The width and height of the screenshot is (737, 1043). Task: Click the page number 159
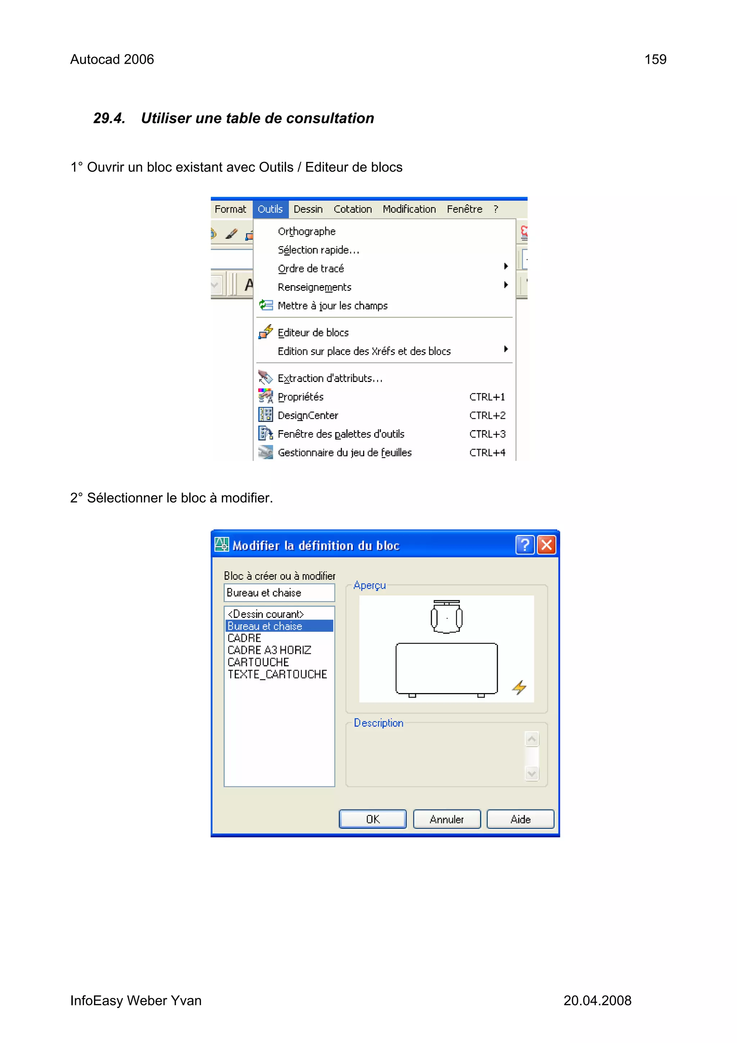pyautogui.click(x=655, y=59)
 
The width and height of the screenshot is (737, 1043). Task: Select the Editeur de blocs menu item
pyautogui.click(x=313, y=333)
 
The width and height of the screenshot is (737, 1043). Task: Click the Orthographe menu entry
pyautogui.click(x=307, y=231)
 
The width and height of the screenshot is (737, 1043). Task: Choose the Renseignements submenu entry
pyautogui.click(x=314, y=287)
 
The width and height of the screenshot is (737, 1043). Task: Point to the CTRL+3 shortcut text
pyautogui.click(x=487, y=434)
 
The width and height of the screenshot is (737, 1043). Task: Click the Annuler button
pyautogui.click(x=446, y=819)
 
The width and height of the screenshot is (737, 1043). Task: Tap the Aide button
pyautogui.click(x=520, y=819)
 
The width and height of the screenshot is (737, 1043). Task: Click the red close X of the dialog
pyautogui.click(x=547, y=545)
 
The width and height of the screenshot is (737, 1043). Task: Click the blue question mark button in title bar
pyautogui.click(x=525, y=545)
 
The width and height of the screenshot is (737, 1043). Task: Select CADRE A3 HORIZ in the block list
pyautogui.click(x=269, y=650)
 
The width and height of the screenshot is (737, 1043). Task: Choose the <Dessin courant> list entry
pyautogui.click(x=266, y=614)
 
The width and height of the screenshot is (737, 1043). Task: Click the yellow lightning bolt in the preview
pyautogui.click(x=519, y=687)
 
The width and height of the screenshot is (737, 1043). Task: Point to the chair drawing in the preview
pyautogui.click(x=446, y=617)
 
